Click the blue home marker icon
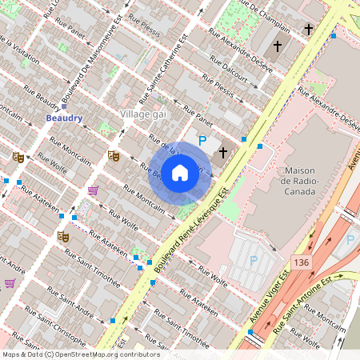[180, 173]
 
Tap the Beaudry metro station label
[64, 118]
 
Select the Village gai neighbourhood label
[142, 114]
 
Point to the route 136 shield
[301, 262]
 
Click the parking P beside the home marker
[202, 141]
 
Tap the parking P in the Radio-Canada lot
[254, 260]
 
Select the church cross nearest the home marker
[223, 150]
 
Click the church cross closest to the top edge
[307, 29]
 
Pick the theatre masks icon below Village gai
[114, 156]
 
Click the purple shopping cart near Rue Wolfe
[93, 190]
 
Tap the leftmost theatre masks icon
[18, 157]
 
